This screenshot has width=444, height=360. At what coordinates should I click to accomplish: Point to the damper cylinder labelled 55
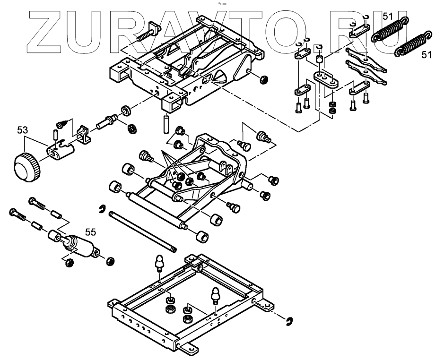tap(80, 246)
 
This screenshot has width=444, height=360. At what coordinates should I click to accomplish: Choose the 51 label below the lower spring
tap(427, 55)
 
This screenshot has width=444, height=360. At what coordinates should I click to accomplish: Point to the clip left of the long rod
tap(102, 209)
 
